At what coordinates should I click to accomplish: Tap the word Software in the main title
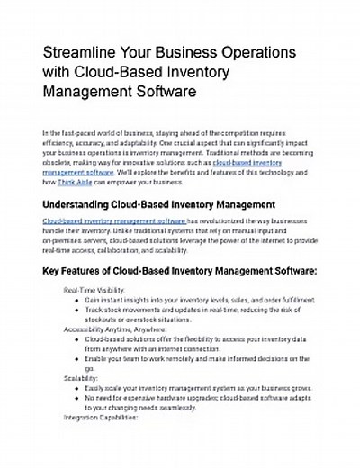point(157,91)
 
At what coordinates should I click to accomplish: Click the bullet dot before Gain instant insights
point(76,300)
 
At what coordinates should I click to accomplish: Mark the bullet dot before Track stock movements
point(76,310)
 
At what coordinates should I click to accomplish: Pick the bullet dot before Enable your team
point(76,358)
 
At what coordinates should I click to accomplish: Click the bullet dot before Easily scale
point(76,388)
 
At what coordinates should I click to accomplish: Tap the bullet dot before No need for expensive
point(76,398)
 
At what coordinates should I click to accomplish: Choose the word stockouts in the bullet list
point(103,319)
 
